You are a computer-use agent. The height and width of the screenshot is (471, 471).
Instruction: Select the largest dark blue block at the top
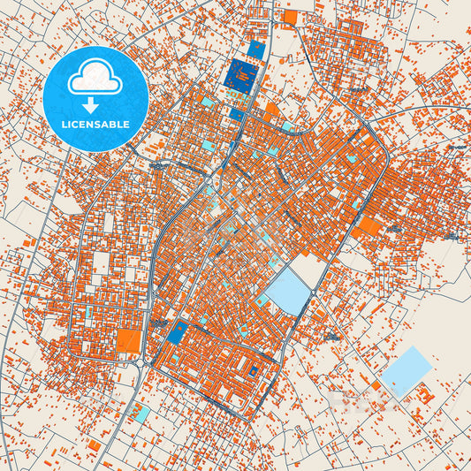[242, 75]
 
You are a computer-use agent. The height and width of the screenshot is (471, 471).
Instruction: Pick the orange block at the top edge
[289, 16]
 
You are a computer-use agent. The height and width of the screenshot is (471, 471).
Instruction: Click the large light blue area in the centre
[286, 292]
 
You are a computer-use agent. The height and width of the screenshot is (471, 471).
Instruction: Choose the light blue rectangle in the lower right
[406, 369]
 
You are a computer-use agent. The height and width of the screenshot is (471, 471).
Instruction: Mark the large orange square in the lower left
[129, 341]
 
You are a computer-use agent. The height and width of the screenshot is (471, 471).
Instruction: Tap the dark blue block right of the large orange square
[177, 333]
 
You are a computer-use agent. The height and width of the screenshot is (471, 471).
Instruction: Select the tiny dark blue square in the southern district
[254, 370]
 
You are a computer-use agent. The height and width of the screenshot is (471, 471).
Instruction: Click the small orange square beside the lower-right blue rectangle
[376, 386]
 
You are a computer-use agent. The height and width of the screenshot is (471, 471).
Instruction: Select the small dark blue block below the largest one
[237, 114]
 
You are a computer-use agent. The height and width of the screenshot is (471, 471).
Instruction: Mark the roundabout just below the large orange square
[140, 361]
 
